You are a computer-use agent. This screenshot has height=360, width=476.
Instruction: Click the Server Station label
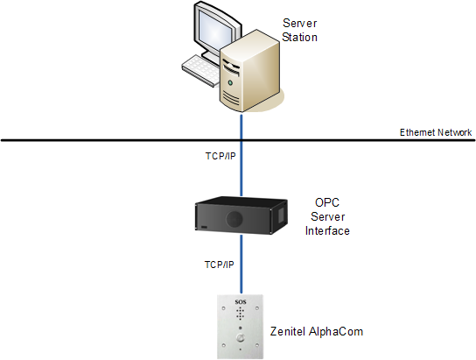(x=299, y=30)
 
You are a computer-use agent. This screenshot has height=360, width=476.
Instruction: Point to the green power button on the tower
(x=230, y=82)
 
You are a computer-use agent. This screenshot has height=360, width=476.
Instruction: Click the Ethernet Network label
(x=436, y=132)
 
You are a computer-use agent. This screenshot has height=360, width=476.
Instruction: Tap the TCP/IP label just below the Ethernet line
(x=220, y=156)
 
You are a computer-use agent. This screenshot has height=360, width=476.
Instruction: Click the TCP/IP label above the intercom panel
(x=220, y=265)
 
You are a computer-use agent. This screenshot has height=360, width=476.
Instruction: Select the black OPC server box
(x=241, y=215)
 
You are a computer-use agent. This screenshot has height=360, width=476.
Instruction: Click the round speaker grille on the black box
(x=234, y=219)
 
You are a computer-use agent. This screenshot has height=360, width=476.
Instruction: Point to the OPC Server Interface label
(x=327, y=216)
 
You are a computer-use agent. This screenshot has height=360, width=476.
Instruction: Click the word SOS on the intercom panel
(x=241, y=302)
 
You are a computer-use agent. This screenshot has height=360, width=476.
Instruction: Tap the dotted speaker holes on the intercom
(x=240, y=314)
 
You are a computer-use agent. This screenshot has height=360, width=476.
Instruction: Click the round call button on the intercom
(x=241, y=338)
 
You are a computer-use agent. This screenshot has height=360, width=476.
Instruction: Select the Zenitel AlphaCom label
(x=317, y=331)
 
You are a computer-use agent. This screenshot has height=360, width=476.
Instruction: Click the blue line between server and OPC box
(x=241, y=154)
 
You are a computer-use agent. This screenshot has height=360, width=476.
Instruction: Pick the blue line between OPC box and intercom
(x=241, y=264)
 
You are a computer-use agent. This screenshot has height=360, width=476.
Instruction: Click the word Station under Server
(x=299, y=37)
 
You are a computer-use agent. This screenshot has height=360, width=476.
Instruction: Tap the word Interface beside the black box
(x=327, y=231)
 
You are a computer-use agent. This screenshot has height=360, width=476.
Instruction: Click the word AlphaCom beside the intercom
(x=336, y=331)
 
